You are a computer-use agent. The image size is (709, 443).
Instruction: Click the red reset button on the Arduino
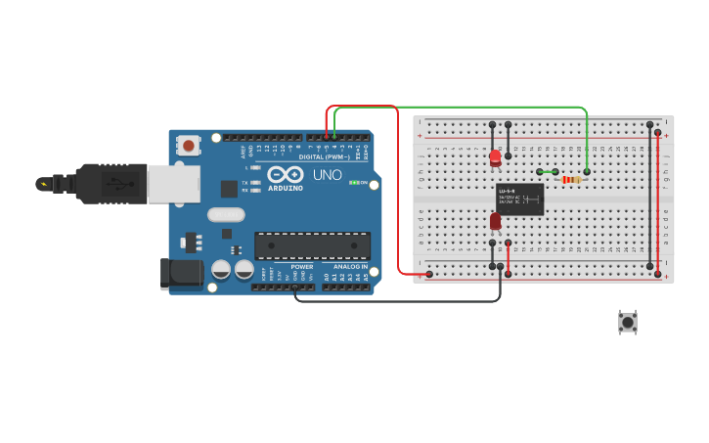point(187,145)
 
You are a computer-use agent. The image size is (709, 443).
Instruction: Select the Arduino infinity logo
point(285,174)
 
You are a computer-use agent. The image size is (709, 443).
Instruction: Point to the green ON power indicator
point(359,182)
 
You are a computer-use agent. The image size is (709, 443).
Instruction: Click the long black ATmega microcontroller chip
point(312,246)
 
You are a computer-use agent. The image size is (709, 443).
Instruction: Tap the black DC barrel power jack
point(182,273)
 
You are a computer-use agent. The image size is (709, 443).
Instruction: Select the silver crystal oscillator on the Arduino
point(225,214)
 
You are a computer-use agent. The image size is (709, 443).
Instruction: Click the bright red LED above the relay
point(496,156)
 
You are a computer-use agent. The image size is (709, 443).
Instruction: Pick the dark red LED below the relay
point(496,221)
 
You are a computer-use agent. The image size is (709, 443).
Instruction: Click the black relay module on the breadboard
point(519,199)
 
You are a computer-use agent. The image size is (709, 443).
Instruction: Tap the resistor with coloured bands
point(571,179)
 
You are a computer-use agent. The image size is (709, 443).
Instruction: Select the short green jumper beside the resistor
point(548,172)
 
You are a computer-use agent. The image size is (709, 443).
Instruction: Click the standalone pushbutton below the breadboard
point(627,321)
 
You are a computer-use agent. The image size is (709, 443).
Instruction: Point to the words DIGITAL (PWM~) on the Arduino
point(324,156)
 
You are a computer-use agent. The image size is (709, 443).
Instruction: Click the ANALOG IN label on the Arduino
point(350,266)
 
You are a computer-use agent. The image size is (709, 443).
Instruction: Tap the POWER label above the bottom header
point(302,266)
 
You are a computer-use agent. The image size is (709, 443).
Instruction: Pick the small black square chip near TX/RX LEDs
point(228,189)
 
